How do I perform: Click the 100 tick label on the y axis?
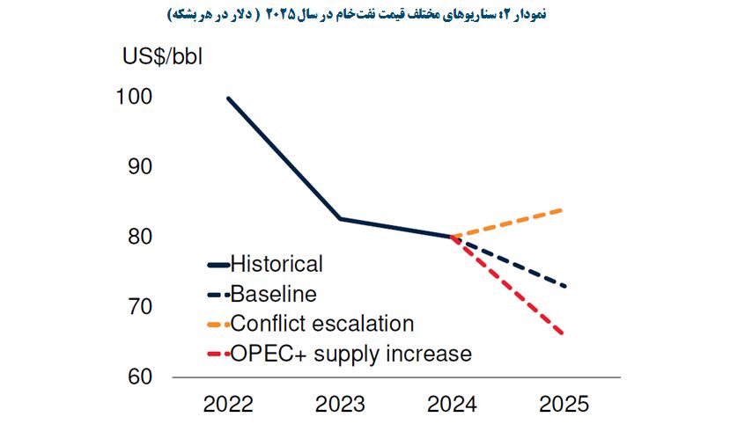134,98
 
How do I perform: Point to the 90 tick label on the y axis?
139,167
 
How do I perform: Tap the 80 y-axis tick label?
139,238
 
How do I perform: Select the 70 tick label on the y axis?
139,307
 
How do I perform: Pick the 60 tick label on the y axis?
139,377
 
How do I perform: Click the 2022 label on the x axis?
228,405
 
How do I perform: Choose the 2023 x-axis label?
340,405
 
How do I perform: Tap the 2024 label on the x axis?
452,405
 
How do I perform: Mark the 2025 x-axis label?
564,405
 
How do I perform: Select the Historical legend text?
277,264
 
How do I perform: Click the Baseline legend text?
273,294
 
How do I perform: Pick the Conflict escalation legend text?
321,324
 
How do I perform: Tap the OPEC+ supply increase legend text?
350,354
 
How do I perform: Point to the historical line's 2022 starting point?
228,98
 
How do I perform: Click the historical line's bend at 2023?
340,218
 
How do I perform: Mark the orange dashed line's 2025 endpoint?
564,209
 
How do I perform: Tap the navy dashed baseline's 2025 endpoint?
564,286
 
